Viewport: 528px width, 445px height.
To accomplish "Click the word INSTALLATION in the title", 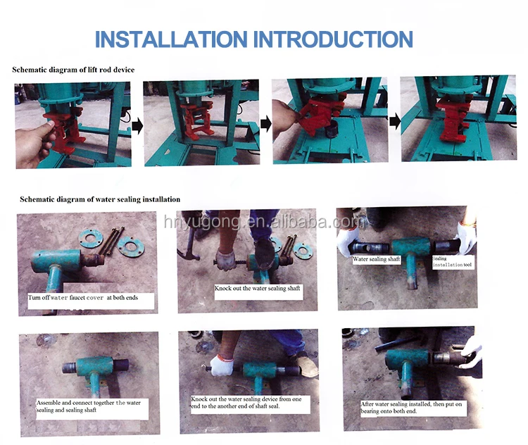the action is (x=171, y=39).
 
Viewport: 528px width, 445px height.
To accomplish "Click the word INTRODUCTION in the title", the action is (x=333, y=39).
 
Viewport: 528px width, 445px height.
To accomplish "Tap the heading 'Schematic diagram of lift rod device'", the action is (x=73, y=70).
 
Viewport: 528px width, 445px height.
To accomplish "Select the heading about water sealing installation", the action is (x=100, y=199).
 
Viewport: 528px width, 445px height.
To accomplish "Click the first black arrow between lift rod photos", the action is (x=137, y=126).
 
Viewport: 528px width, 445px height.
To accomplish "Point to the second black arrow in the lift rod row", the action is (x=265, y=124).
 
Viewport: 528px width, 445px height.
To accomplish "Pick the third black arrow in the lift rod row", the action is (x=394, y=120).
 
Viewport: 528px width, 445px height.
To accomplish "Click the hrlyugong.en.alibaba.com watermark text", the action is (x=264, y=222).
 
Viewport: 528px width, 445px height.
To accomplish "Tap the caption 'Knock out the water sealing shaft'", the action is (x=257, y=289).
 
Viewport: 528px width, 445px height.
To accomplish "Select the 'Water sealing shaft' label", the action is (x=376, y=259).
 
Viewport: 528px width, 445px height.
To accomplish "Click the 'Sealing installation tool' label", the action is (x=452, y=262).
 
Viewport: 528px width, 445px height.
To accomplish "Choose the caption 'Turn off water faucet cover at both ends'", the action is (x=83, y=297).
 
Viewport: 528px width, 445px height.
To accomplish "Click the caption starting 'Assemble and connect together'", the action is (x=88, y=406).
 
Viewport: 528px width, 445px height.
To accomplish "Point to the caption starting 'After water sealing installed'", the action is (x=411, y=407).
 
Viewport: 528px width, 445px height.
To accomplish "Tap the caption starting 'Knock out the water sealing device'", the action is (x=246, y=403).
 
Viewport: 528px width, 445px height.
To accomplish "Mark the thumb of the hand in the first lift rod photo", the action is (x=51, y=124).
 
